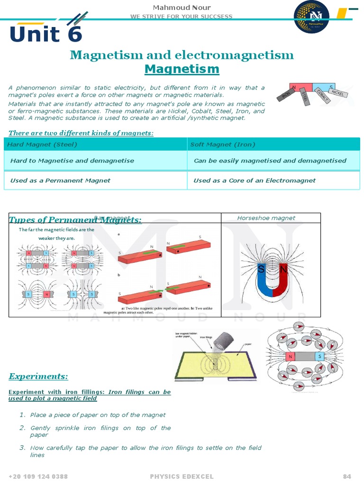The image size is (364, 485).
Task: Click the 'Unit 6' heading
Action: coord(46,34)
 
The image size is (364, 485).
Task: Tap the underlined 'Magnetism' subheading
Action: coord(182,69)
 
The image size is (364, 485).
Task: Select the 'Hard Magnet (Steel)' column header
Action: coord(42,144)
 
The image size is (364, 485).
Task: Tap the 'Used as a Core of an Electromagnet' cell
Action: coord(255,180)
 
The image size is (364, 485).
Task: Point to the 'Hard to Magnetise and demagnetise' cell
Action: coord(72,161)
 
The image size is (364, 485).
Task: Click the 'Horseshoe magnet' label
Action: coord(266,218)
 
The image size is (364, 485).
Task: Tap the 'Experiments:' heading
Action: coord(38,377)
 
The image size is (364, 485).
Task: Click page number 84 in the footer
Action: coord(347,476)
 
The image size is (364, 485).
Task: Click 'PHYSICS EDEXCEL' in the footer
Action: coord(182,476)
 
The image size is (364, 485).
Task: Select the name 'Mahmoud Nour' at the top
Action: coord(182,7)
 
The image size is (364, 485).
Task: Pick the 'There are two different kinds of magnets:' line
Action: coord(81,133)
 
